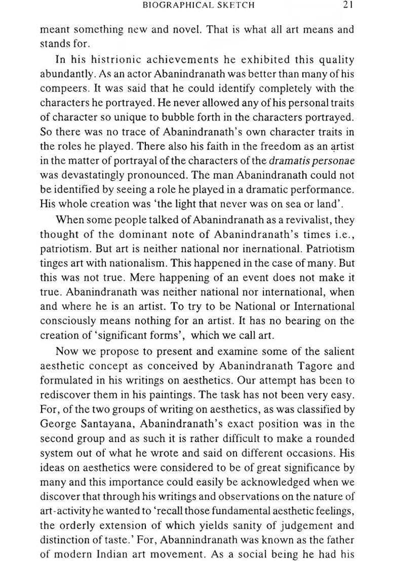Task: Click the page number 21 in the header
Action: click(347, 6)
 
